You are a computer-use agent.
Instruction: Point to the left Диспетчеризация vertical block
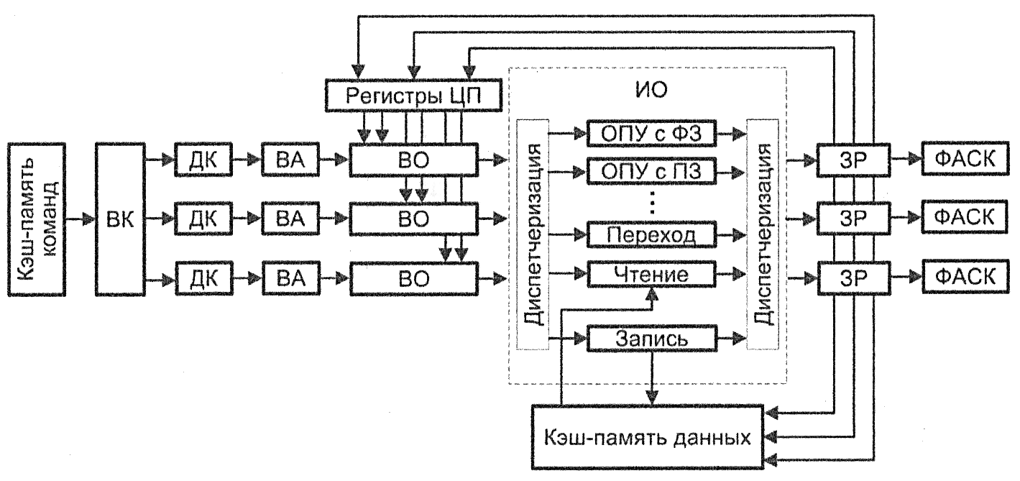(x=533, y=234)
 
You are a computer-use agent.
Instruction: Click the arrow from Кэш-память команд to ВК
(x=79, y=215)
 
